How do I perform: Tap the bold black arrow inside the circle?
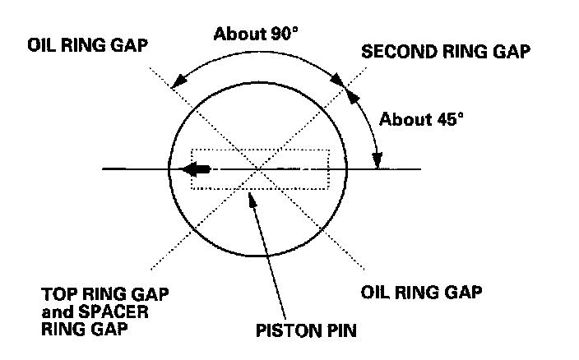[x=196, y=169]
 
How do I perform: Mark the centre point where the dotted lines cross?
[x=260, y=169]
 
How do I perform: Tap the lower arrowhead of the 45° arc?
[x=379, y=163]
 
